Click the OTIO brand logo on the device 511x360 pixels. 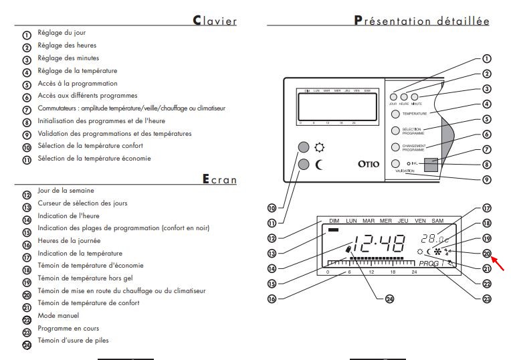(x=360, y=163)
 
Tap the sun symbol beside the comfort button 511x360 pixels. (x=320, y=147)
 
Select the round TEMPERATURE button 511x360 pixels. (x=395, y=114)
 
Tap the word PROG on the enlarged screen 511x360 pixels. (x=431, y=264)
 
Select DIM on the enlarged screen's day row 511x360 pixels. (x=334, y=220)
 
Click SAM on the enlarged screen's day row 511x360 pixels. (x=437, y=220)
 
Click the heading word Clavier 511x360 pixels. (x=215, y=20)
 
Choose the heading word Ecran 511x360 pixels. (x=219, y=179)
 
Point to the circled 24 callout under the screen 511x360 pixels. (x=380, y=298)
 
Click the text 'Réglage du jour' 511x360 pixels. (x=62, y=33)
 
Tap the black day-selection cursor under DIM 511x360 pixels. (x=334, y=230)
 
